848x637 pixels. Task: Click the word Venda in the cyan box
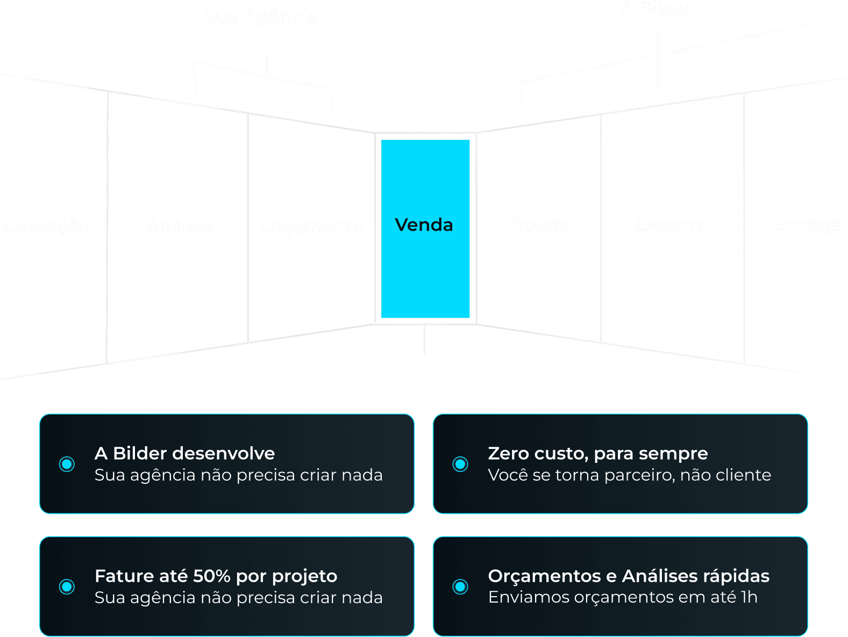click(x=424, y=225)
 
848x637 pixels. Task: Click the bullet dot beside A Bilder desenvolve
click(x=67, y=464)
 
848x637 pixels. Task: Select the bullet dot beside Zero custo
click(x=460, y=464)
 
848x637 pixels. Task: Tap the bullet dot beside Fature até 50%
click(x=67, y=586)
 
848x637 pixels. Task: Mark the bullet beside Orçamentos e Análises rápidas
click(x=460, y=586)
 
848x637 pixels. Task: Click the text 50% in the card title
click(x=211, y=576)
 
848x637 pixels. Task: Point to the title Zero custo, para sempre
click(x=597, y=454)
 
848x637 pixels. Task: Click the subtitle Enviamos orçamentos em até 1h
click(x=623, y=597)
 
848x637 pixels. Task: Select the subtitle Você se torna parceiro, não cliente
click(x=629, y=475)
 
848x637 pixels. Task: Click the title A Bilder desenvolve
click(x=184, y=454)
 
